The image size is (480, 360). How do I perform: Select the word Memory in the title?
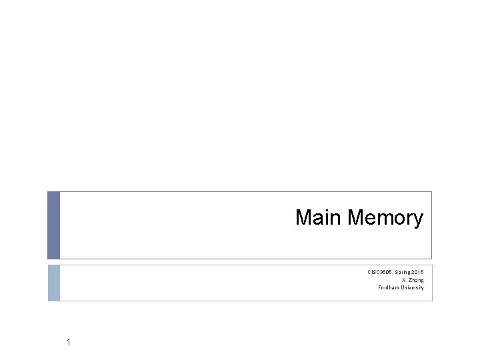pyautogui.click(x=385, y=218)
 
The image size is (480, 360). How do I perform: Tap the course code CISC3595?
pyautogui.click(x=380, y=272)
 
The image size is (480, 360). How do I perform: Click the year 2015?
pyautogui.click(x=417, y=272)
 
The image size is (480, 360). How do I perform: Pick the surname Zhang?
pyautogui.click(x=413, y=280)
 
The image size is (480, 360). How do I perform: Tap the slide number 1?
pyautogui.click(x=69, y=343)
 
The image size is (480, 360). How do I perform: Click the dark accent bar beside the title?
pyautogui.click(x=53, y=225)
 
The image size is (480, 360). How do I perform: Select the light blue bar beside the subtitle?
pyautogui.click(x=53, y=283)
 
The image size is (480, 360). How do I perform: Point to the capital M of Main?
pyautogui.click(x=303, y=218)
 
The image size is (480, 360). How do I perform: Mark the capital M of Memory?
pyautogui.click(x=355, y=218)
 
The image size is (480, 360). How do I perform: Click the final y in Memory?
pyautogui.click(x=418, y=219)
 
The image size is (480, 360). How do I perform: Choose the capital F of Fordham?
pyautogui.click(x=380, y=288)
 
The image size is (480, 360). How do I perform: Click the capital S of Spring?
pyautogui.click(x=395, y=272)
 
